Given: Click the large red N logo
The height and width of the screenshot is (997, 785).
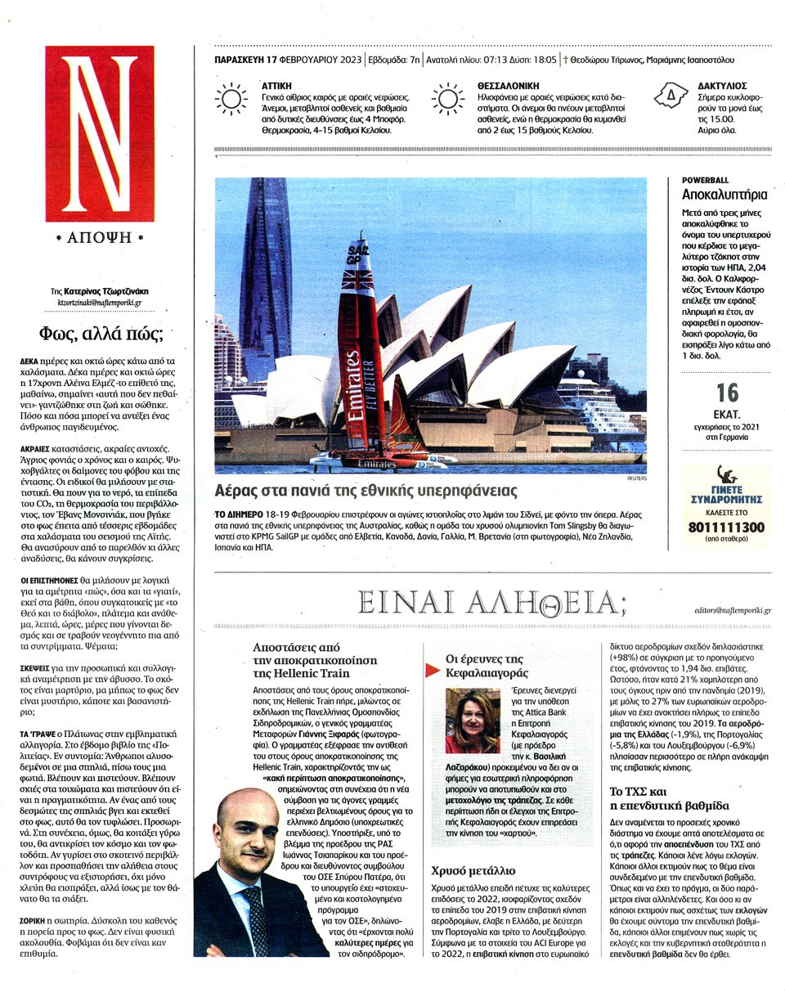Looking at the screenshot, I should [x=99, y=132].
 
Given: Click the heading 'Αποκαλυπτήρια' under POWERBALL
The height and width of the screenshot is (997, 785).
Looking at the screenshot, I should [x=724, y=195].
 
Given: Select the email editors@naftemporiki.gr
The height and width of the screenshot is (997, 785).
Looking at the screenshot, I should [x=732, y=610].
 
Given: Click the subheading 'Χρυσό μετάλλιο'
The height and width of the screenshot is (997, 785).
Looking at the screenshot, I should [x=469, y=870].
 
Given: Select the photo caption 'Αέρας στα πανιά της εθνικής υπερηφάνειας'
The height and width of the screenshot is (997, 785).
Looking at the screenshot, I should [x=366, y=491].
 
